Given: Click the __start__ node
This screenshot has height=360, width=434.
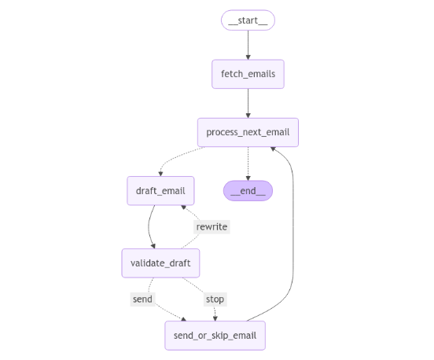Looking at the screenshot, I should pos(248,20).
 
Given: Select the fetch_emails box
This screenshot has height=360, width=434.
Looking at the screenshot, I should pos(248,74).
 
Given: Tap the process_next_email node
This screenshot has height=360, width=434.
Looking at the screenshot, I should pos(248,131).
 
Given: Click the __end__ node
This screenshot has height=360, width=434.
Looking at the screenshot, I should pos(248,191).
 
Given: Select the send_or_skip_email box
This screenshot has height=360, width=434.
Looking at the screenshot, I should pos(215,336).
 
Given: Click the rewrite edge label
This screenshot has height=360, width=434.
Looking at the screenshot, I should pos(211,226).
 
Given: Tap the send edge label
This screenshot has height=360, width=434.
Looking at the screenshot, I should pos(142,299).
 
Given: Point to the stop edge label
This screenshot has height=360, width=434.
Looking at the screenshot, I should pos(215,299).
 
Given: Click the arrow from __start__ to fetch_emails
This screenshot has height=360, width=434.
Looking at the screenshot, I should pos(248,44).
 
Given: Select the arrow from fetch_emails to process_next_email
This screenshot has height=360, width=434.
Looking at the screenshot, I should pos(248,102).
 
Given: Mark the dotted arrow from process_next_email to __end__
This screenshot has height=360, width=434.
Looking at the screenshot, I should pos(248,161).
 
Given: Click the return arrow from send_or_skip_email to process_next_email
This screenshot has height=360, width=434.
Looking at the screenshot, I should pos(292,236).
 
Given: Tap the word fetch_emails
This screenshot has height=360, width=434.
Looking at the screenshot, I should pos(248,74).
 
